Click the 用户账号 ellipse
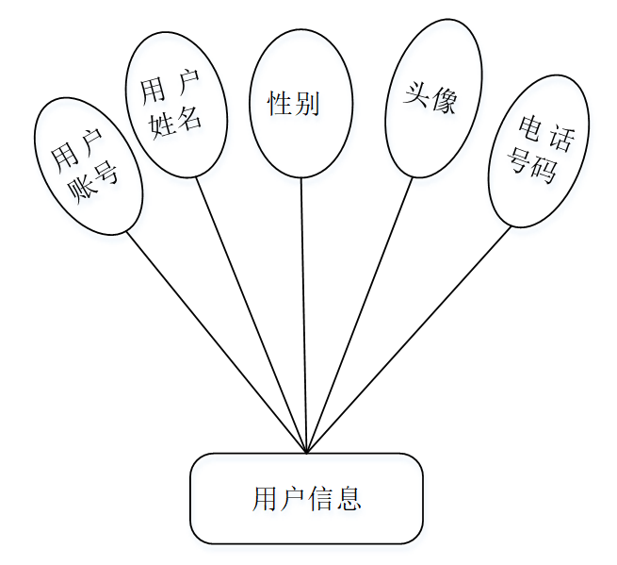tap(88, 166)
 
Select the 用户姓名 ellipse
tap(176, 104)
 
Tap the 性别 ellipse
tap(301, 104)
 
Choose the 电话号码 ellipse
tap(538, 152)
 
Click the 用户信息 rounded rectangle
tap(306, 498)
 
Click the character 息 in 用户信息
tap(349, 499)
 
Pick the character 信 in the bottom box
tap(320, 499)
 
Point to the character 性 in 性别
tap(280, 104)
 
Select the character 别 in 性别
tap(308, 104)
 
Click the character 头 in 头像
tap(416, 94)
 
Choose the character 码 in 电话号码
tap(545, 171)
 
